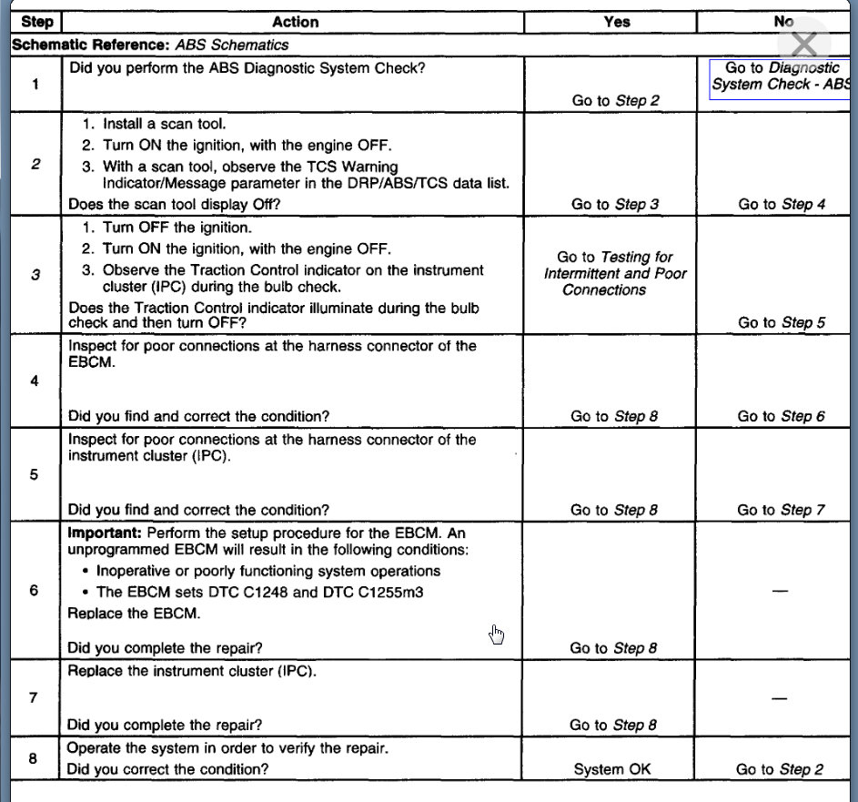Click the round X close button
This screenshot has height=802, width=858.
[x=804, y=43]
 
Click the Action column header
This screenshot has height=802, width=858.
[x=296, y=22]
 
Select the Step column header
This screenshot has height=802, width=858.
[x=36, y=22]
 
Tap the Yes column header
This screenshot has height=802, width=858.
[x=616, y=22]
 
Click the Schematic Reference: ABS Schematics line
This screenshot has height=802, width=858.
[x=150, y=45]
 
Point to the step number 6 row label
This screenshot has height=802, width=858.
[x=35, y=591]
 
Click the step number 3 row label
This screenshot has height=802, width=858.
[x=35, y=274]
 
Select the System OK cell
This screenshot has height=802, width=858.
[x=612, y=769]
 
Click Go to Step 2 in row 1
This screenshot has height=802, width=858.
[x=615, y=101]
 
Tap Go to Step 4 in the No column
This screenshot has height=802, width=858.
[x=782, y=204]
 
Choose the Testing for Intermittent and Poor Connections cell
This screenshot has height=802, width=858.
[x=615, y=273]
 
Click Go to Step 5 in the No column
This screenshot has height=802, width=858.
[x=782, y=322]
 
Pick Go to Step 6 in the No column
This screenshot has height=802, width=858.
[x=782, y=416]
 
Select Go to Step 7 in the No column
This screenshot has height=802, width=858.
[x=782, y=510]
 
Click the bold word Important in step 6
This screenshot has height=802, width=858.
[x=104, y=532]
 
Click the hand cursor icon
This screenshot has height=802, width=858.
[x=497, y=634]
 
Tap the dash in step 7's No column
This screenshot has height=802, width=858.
[x=778, y=697]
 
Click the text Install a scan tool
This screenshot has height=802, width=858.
[x=164, y=124]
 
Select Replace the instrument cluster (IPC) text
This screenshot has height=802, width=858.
[x=192, y=671]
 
